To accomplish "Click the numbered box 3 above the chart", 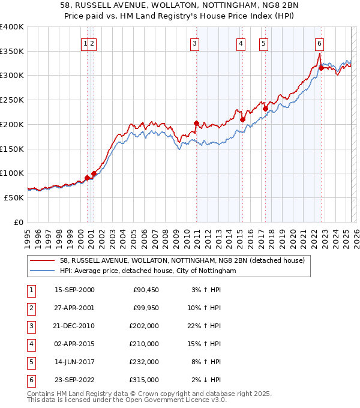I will pos(196,43).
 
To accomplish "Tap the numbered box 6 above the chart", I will pos(319,43).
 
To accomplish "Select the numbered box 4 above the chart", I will pos(241,43).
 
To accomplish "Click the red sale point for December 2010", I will pos(196,123).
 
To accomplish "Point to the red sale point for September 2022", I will pos(321,68).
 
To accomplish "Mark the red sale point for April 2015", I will pos(242,119).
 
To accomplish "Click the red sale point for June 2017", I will pos(265,109).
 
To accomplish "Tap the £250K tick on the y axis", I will pos(12,100).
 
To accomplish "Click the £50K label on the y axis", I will pos(14,197).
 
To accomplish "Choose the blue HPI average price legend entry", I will pos(148,271).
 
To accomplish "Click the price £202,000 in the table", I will pos(145,326).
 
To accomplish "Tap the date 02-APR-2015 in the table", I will pos(74,344).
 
